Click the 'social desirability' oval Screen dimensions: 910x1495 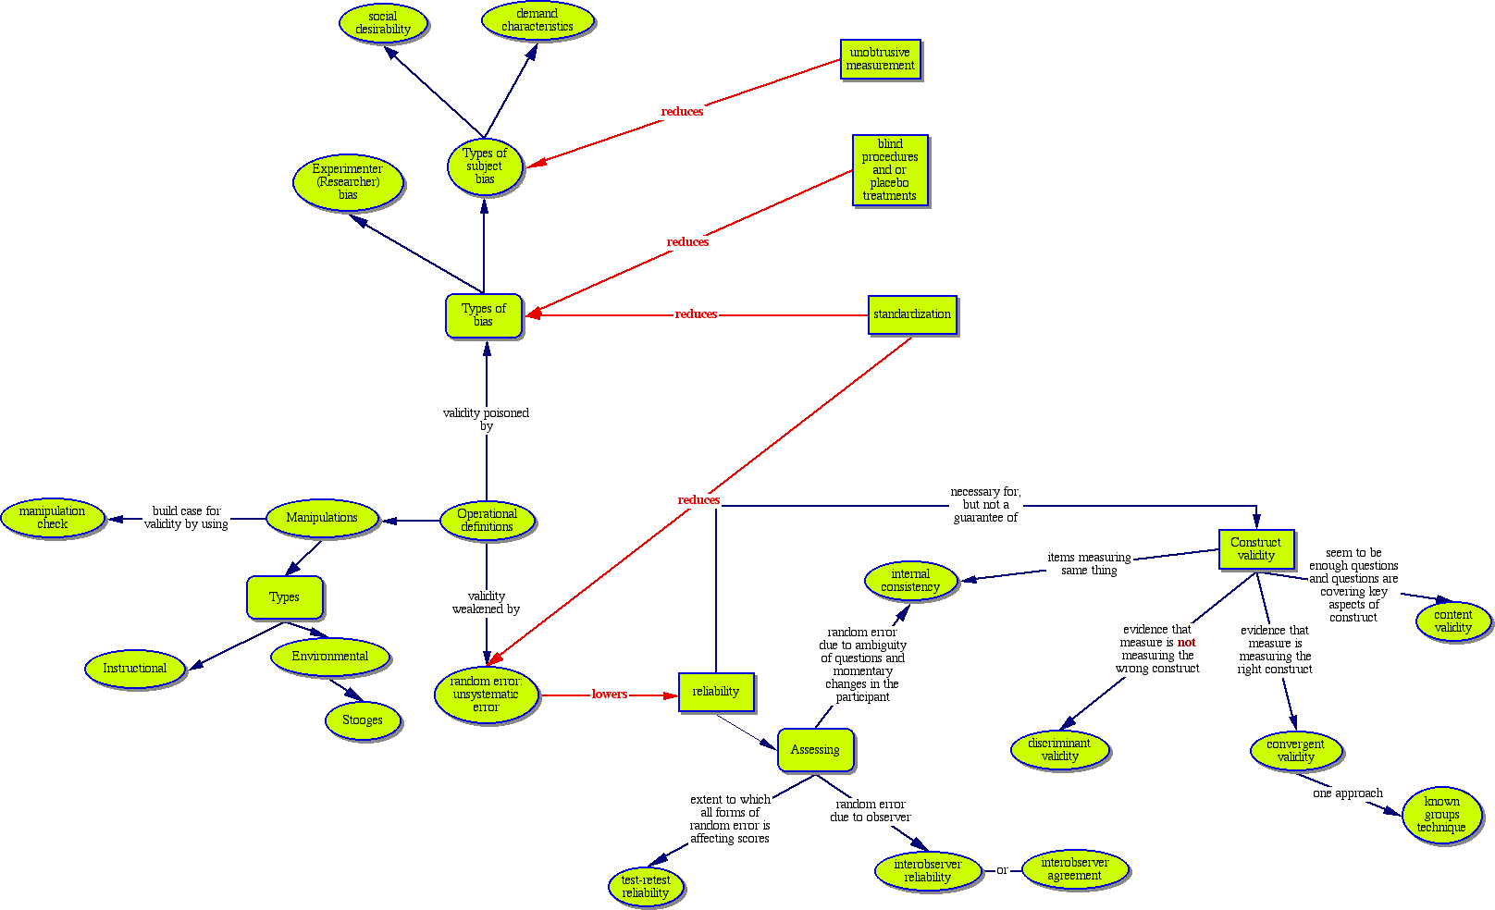pyautogui.click(x=383, y=23)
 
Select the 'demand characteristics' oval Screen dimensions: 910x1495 pyautogui.click(x=537, y=20)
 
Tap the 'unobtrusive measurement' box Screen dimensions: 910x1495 pyautogui.click(x=881, y=59)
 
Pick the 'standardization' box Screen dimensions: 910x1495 pyautogui.click(x=912, y=314)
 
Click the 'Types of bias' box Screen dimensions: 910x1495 pyautogui.click(x=484, y=315)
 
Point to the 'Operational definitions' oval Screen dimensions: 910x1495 pyautogui.click(x=487, y=521)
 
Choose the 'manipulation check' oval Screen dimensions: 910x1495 pyautogui.click(x=53, y=518)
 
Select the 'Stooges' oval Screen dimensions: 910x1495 pyautogui.click(x=363, y=720)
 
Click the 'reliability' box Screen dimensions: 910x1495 pyautogui.click(x=716, y=692)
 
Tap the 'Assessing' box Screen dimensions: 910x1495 pyautogui.click(x=815, y=750)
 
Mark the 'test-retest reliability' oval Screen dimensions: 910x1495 pyautogui.click(x=646, y=887)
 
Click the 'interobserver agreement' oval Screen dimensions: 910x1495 pyautogui.click(x=1075, y=869)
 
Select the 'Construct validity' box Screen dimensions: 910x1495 pyautogui.click(x=1255, y=549)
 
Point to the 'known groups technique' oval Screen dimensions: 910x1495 pyautogui.click(x=1442, y=815)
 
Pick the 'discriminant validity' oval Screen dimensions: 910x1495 pyautogui.click(x=1059, y=750)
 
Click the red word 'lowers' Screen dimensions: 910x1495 pyautogui.click(x=610, y=695)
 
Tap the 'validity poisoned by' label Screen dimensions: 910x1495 pyautogui.click(x=487, y=419)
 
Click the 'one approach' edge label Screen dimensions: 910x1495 pyautogui.click(x=1348, y=793)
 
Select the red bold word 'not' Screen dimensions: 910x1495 pyautogui.click(x=1186, y=643)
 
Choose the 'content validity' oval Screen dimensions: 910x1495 pyautogui.click(x=1453, y=621)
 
